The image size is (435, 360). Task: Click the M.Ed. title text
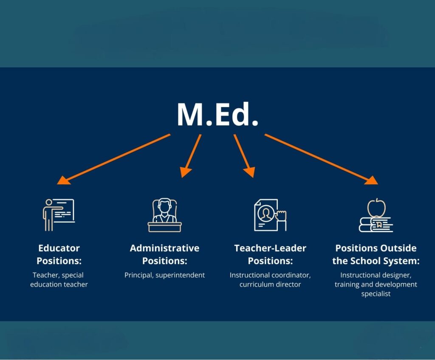click(x=218, y=115)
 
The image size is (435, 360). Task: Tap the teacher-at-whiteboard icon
click(x=59, y=215)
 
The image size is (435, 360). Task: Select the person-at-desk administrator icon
click(x=164, y=215)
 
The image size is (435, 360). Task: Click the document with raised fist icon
click(x=270, y=215)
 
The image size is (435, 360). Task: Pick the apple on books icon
click(x=376, y=215)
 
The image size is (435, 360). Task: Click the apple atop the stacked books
click(x=376, y=208)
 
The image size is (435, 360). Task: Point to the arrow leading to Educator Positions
click(x=113, y=159)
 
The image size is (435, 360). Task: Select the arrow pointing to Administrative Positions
click(x=191, y=156)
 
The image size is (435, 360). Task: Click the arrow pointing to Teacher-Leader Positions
click(x=244, y=156)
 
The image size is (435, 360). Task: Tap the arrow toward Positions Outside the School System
click(x=321, y=159)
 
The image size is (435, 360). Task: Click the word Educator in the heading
click(x=59, y=248)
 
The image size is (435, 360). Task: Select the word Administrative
click(x=164, y=248)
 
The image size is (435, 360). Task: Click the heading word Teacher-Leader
click(x=270, y=248)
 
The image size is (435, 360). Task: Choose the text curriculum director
click(x=270, y=284)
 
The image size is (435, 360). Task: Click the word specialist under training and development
click(x=376, y=294)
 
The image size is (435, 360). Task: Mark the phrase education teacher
click(x=59, y=284)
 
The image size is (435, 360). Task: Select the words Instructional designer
click(x=376, y=275)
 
